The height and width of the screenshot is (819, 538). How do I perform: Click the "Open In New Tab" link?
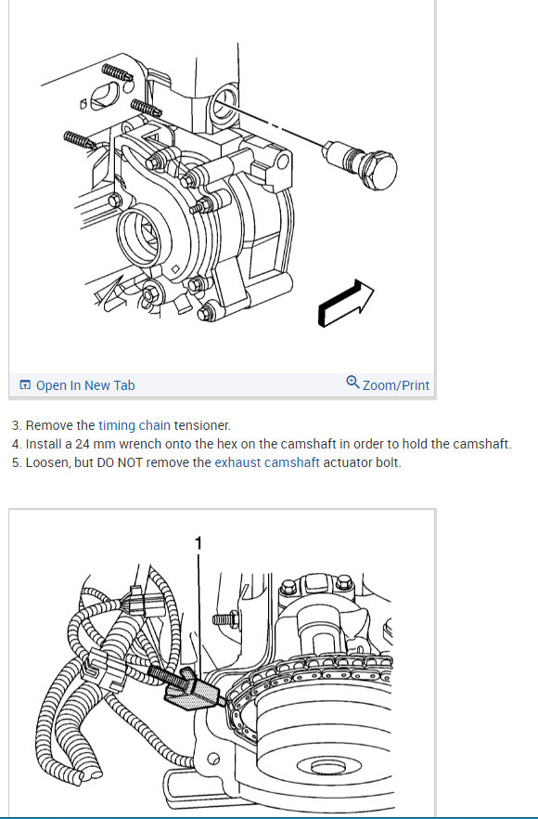[85, 385]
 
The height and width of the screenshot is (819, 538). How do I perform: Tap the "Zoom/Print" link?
[395, 385]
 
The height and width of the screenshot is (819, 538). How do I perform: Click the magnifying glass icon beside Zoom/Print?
[352, 383]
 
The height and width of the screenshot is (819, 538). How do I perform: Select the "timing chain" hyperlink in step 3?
[134, 425]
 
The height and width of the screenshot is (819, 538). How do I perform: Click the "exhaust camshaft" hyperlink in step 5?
[266, 462]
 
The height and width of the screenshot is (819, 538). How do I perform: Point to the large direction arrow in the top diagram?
[345, 304]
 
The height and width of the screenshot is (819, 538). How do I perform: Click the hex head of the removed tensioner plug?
[379, 170]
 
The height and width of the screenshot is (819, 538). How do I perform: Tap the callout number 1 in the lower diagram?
[198, 543]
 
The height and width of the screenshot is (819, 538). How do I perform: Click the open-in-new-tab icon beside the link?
[24, 385]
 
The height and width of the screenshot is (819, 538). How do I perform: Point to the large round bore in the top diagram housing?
[138, 236]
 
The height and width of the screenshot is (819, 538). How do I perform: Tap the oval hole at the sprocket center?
[328, 767]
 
